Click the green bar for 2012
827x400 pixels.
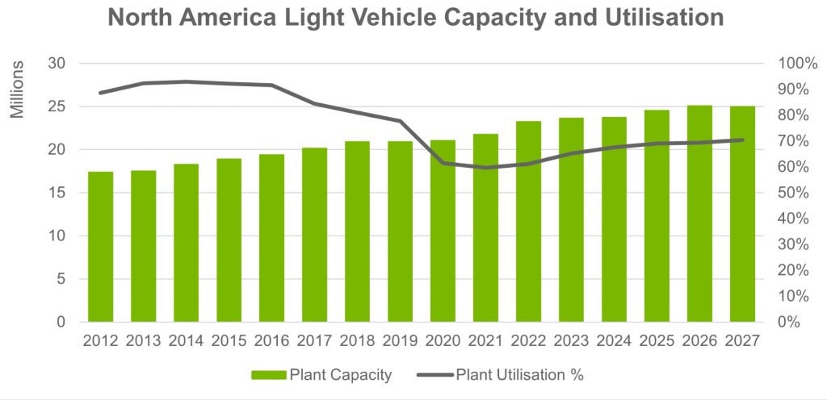[101, 247]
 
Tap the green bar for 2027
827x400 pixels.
[742, 215]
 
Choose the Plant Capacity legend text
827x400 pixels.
[340, 375]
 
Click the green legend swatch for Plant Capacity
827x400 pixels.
[267, 375]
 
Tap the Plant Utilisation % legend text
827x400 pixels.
[519, 375]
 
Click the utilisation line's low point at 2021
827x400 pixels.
[485, 168]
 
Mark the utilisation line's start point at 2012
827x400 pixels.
[101, 93]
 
